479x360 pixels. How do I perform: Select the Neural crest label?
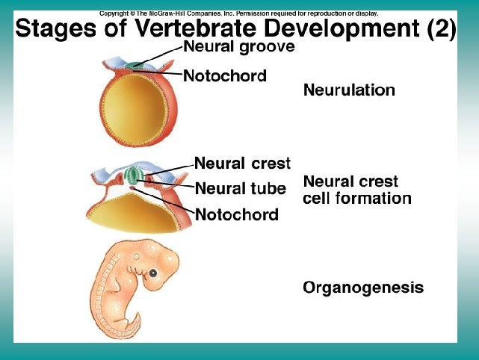pyautogui.click(x=242, y=163)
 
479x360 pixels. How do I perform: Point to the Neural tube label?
pyautogui.click(x=240, y=188)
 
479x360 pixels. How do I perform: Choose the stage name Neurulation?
pyautogui.click(x=348, y=90)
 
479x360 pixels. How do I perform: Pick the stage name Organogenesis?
pyautogui.click(x=363, y=287)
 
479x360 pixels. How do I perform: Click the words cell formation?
pyautogui.click(x=357, y=199)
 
